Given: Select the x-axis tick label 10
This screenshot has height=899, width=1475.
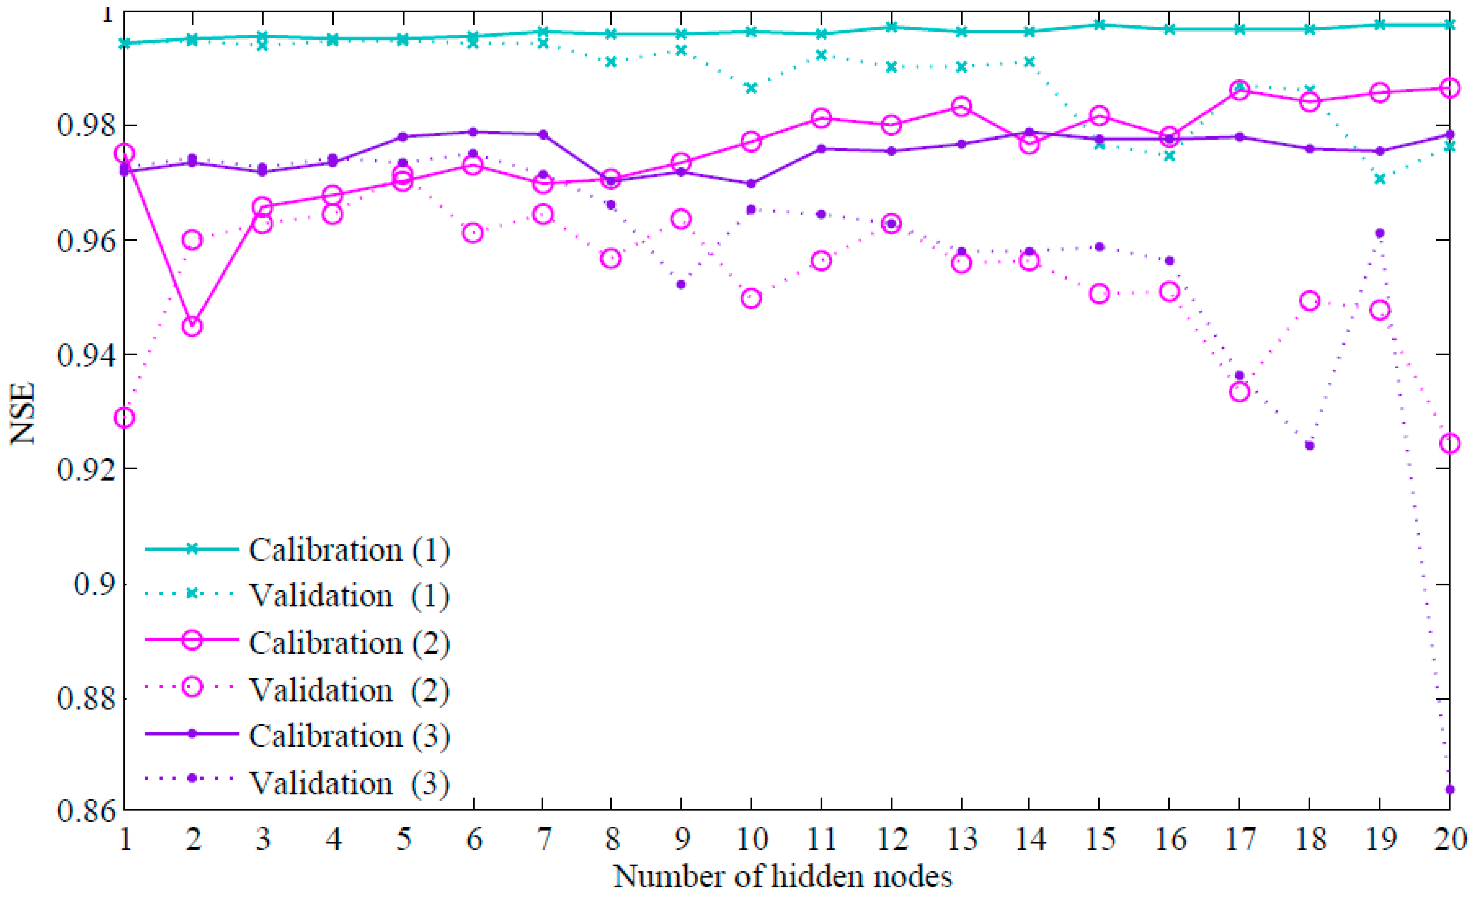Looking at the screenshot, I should point(751,839).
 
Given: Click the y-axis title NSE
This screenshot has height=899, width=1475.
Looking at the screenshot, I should point(23,413).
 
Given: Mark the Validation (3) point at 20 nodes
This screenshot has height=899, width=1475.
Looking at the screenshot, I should point(1449,790).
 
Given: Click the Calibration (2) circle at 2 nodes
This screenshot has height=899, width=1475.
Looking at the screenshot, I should point(192,326).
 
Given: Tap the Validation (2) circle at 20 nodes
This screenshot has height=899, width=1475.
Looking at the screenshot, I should point(1449,444).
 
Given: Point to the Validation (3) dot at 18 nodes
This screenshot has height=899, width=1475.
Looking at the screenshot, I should point(1309,445).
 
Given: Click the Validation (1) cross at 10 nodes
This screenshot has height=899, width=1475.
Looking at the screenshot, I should point(751,88).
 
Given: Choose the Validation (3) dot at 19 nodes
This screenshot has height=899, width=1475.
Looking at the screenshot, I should point(1379,233).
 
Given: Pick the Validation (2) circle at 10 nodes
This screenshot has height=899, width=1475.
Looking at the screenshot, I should point(751,298).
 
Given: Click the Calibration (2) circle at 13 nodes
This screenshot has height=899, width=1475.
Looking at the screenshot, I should point(961,107).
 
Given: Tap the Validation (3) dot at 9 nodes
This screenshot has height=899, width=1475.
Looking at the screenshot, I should point(681,284).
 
